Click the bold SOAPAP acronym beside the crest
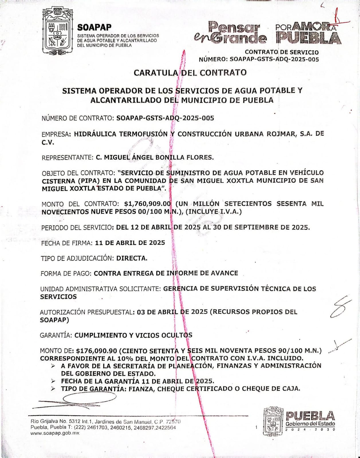tap(94, 27)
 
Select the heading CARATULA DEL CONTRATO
tap(190, 73)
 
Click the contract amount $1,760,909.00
tap(148, 204)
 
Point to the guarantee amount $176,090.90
tap(97, 351)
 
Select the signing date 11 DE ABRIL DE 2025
tap(130, 243)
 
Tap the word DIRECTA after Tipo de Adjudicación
tap(132, 258)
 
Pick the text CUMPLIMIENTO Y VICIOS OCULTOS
tap(133, 335)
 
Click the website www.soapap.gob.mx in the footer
tap(55, 433)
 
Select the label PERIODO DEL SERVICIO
tap(76, 228)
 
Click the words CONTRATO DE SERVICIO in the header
tap(282, 52)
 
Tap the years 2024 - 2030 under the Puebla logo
tap(310, 430)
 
